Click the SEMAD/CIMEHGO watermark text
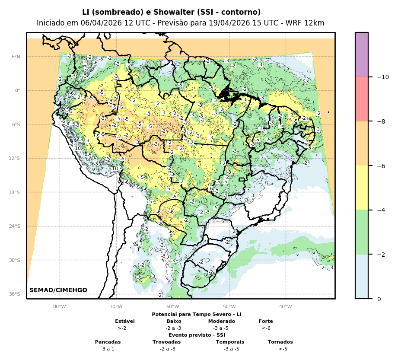(58, 290)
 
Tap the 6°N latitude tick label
(16, 57)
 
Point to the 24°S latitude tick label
(16, 226)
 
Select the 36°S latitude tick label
(16, 294)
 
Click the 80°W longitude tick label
(60, 307)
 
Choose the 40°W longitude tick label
(285, 307)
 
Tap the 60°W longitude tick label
(172, 307)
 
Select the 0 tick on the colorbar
(379, 299)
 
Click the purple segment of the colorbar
(362, 54)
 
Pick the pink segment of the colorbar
(362, 99)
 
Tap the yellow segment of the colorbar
(362, 188)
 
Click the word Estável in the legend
(125, 321)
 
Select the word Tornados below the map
(280, 342)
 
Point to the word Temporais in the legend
(230, 342)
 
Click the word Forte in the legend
(266, 321)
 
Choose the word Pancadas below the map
(108, 342)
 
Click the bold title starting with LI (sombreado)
(172, 12)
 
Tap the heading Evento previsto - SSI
(197, 335)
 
